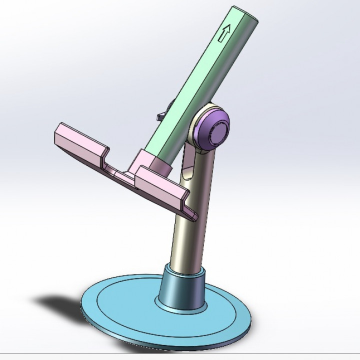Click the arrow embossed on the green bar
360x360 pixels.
(224, 33)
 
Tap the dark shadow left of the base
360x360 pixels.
(57, 302)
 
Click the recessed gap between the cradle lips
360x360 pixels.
(120, 164)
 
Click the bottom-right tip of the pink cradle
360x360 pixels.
(194, 216)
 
